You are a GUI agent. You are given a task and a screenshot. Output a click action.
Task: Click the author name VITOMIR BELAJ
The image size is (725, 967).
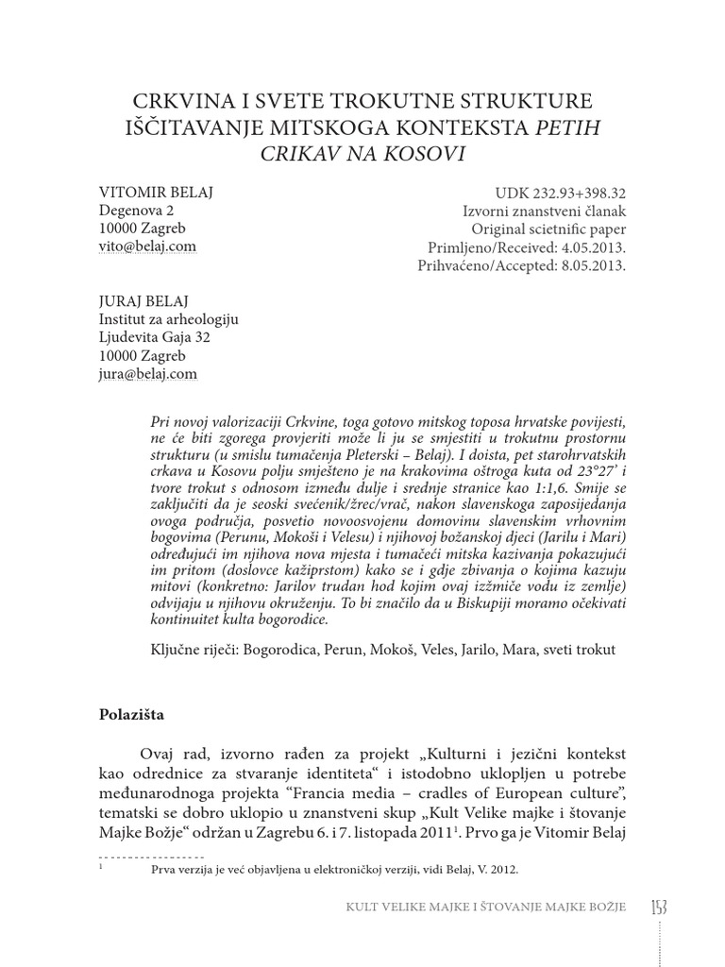tap(156, 192)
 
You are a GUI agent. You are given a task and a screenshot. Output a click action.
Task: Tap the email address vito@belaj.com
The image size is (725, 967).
tap(148, 246)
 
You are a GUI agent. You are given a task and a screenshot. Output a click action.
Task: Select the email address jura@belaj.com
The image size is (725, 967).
tap(148, 374)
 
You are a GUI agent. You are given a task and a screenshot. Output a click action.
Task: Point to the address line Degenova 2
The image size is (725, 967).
tap(137, 211)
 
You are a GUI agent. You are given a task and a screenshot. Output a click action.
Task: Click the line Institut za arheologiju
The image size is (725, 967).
tap(169, 319)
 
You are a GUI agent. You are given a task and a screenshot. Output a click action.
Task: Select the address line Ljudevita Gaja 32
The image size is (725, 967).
tap(155, 337)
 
